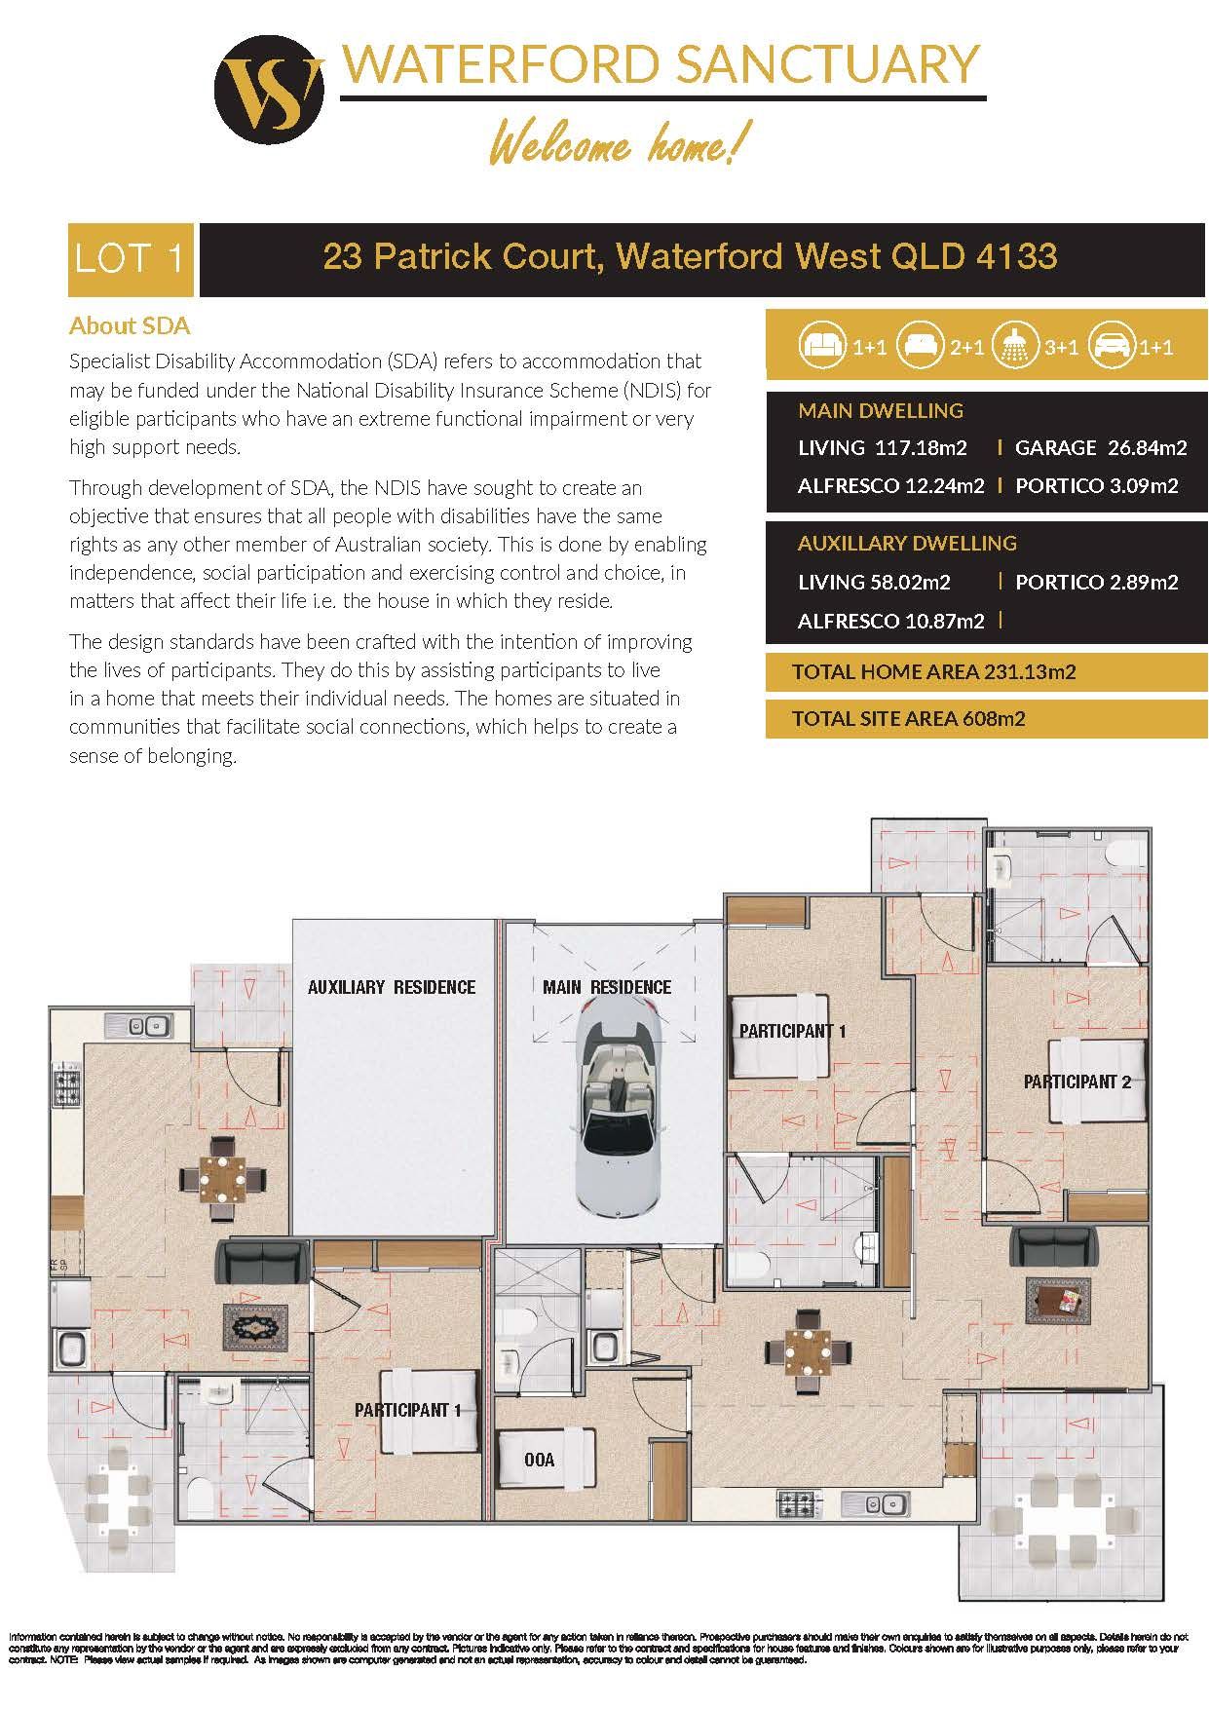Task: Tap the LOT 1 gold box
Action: pyautogui.click(x=131, y=260)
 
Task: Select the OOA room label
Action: pyautogui.click(x=539, y=1460)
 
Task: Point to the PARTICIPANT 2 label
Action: pyautogui.click(x=1077, y=1082)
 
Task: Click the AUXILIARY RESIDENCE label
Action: pyautogui.click(x=392, y=987)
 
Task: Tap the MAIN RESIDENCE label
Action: pyautogui.click(x=607, y=987)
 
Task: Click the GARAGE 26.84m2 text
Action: pyautogui.click(x=1101, y=448)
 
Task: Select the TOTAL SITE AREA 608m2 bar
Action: pyautogui.click(x=986, y=719)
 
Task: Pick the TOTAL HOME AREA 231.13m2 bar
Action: pyautogui.click(x=986, y=671)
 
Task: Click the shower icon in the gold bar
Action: pyautogui.click(x=1014, y=347)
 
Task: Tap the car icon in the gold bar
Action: pyautogui.click(x=1111, y=347)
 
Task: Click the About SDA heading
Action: pyautogui.click(x=130, y=325)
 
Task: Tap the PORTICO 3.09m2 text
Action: pyautogui.click(x=1097, y=485)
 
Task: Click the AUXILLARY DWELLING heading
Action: pyautogui.click(x=907, y=543)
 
